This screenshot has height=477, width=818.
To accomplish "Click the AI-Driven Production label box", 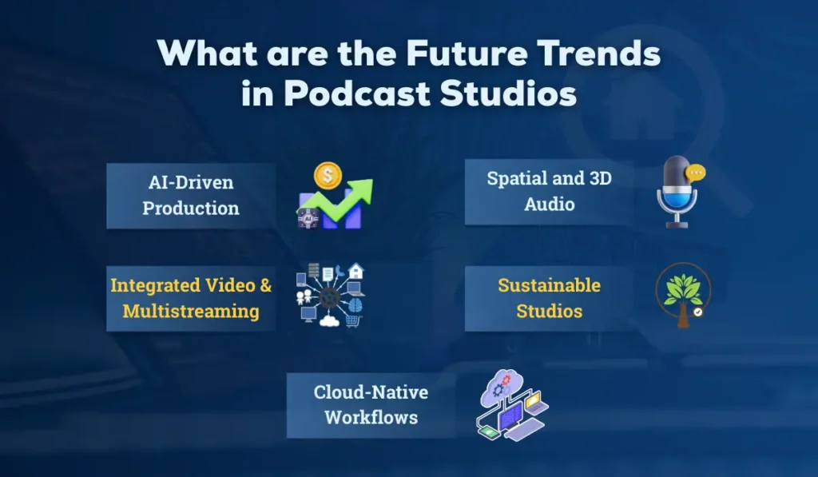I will click(x=191, y=196).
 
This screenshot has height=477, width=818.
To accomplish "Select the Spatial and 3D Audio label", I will click(x=549, y=191).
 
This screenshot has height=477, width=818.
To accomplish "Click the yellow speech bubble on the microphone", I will click(x=697, y=171).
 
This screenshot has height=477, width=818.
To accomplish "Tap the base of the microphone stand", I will click(x=677, y=225).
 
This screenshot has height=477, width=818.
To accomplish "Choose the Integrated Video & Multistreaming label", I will click(x=191, y=298).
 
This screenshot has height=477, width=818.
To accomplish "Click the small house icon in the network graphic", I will click(x=356, y=272).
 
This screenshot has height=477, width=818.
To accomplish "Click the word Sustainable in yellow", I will click(x=549, y=285).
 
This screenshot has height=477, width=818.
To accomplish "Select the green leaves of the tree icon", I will click(x=682, y=285).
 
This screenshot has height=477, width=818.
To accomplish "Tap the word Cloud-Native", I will click(x=371, y=392).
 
